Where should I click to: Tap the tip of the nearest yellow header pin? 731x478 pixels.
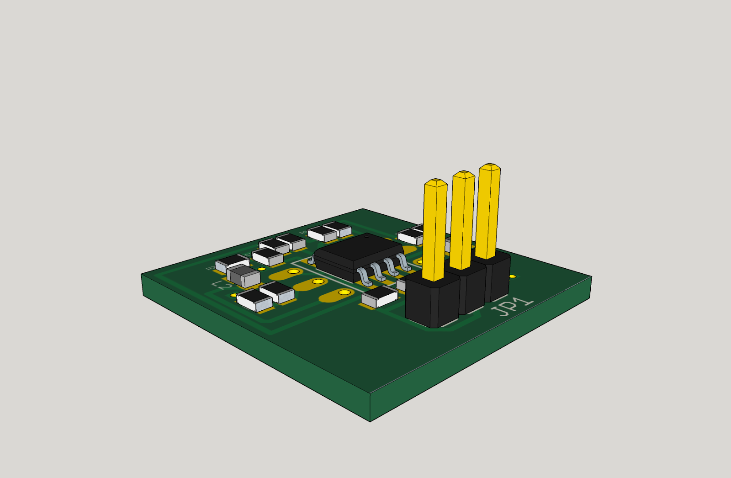(435, 182)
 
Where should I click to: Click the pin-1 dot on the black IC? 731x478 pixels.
(366, 236)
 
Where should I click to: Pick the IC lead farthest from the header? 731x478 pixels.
(364, 276)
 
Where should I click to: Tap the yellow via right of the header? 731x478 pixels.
(513, 276)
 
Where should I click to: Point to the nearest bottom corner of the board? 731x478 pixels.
(370, 420)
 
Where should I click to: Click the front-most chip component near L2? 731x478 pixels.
(254, 300)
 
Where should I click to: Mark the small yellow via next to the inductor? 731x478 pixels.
(262, 269)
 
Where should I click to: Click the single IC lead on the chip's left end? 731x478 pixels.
(312, 261)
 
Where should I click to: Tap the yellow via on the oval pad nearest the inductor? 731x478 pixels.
(293, 271)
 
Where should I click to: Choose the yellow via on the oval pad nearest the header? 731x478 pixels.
(344, 292)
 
